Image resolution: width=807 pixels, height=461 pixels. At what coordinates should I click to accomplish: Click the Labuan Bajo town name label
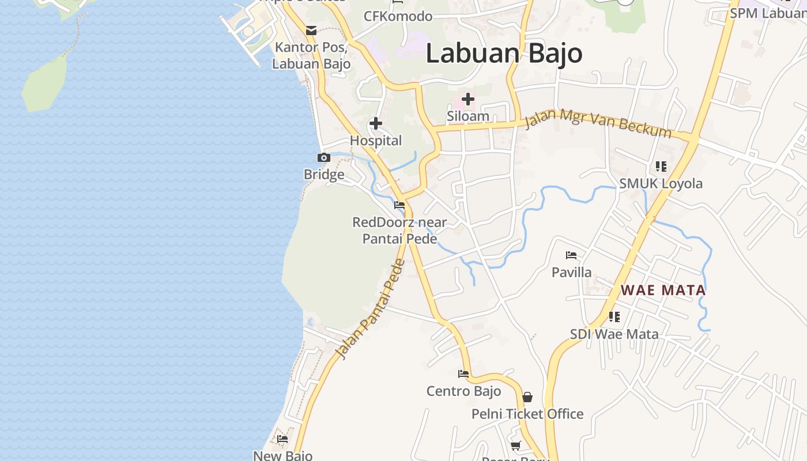tap(504, 54)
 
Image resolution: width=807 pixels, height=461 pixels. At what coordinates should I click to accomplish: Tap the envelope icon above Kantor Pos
tap(311, 31)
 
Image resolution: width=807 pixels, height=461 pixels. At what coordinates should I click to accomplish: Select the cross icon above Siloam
tap(468, 99)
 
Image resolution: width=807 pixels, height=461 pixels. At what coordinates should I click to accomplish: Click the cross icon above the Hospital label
tap(376, 123)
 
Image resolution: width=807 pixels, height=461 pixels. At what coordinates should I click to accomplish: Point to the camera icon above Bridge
tap(324, 157)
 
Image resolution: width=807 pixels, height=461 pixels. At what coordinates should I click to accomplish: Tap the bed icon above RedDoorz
tap(399, 205)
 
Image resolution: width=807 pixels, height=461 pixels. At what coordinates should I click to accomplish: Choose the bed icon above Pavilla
tap(571, 255)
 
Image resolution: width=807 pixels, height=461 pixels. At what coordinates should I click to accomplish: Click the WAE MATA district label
tap(663, 290)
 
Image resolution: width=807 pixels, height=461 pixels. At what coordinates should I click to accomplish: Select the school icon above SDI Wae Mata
tap(614, 316)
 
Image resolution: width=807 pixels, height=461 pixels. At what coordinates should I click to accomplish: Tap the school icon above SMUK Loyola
tap(661, 167)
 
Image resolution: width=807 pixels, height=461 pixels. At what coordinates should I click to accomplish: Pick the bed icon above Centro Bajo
tap(463, 373)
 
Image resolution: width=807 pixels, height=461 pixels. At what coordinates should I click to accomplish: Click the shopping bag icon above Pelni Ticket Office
tap(527, 397)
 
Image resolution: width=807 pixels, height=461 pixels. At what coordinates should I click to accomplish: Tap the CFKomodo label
tap(398, 16)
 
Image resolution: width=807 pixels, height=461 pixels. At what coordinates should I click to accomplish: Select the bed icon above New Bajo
tap(282, 439)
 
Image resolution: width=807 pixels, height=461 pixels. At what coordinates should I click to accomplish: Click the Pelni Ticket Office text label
tap(527, 414)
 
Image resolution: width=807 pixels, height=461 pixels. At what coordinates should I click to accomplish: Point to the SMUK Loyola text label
tap(661, 184)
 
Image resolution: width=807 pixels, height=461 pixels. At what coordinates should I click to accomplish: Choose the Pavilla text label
tap(571, 272)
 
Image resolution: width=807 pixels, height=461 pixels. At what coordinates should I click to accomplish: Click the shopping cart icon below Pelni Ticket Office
tap(516, 445)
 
